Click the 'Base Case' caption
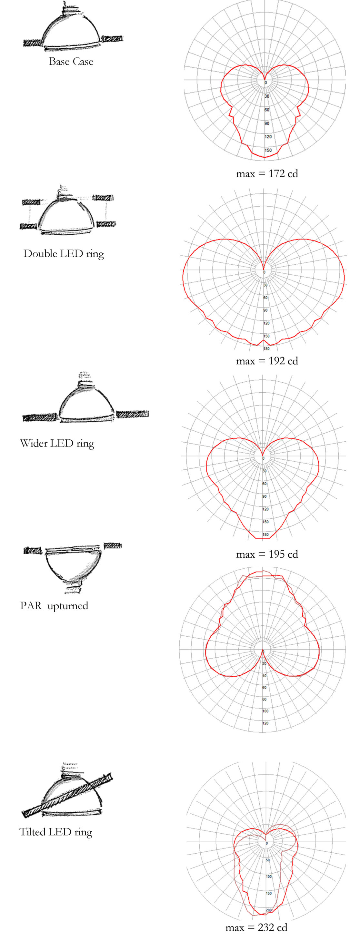point(71,61)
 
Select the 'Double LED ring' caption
point(64,253)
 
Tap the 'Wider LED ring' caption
point(57,443)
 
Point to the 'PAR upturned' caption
point(54,605)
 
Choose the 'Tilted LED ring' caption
point(55,832)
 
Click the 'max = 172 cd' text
point(267,173)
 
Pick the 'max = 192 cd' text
point(267,361)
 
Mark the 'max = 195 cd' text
point(267,554)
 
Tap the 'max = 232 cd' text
point(256,927)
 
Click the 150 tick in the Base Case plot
point(268,150)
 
